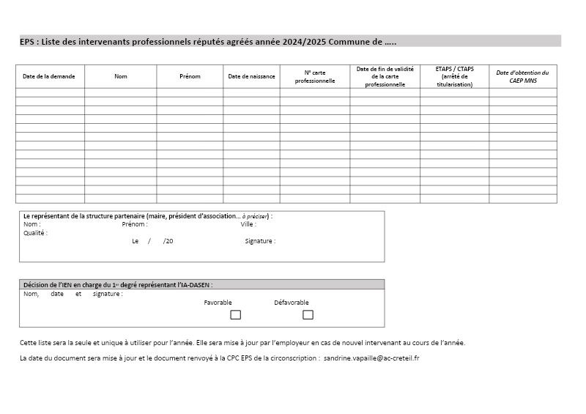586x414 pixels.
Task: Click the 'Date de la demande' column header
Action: pos(49,76)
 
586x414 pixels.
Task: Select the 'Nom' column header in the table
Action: pos(121,76)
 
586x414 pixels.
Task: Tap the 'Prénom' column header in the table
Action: pos(190,76)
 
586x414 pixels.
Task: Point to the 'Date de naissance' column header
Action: pos(251,76)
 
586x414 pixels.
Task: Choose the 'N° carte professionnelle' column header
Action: pos(315,76)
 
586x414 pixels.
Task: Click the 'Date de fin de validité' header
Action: pos(385,76)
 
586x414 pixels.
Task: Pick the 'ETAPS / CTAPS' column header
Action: pos(455,76)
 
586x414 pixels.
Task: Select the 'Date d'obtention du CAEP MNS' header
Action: pos(522,76)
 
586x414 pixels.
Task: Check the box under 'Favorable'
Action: pos(236,315)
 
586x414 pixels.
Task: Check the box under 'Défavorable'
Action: pos(308,315)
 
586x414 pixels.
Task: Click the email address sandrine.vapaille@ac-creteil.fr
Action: pos(371,358)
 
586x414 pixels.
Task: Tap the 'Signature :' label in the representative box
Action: pos(260,241)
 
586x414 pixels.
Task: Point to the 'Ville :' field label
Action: pos(248,224)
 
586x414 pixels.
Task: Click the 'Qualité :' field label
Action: pos(35,233)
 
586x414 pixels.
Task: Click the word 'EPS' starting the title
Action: pos(28,42)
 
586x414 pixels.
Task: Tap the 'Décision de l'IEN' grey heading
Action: pos(118,284)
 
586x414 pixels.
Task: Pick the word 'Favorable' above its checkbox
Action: pos(218,303)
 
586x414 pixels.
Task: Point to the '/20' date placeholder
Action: pos(168,241)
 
